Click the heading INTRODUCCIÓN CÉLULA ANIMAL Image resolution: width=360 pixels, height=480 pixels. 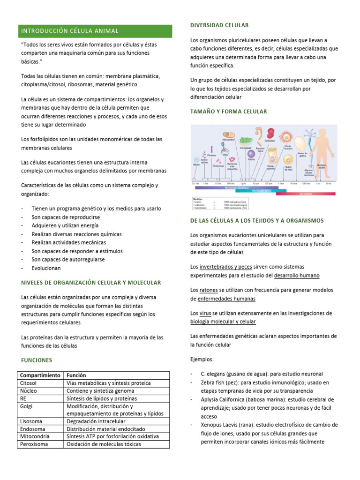coord(70,31)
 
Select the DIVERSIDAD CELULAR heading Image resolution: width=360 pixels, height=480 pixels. coord(219,25)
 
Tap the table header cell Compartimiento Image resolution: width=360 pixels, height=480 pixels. coord(40,375)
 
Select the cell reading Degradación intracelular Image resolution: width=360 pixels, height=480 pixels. coord(96,421)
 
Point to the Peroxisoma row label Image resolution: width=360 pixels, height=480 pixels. coord(34,443)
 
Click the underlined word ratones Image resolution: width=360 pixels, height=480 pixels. coord(208,290)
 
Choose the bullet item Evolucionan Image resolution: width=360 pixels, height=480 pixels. coord(46,268)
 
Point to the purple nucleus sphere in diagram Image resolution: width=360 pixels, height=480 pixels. coord(251,153)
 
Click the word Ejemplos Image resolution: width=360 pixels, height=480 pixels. coord(202,359)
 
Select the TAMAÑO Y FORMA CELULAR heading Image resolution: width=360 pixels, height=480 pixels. coord(228,112)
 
